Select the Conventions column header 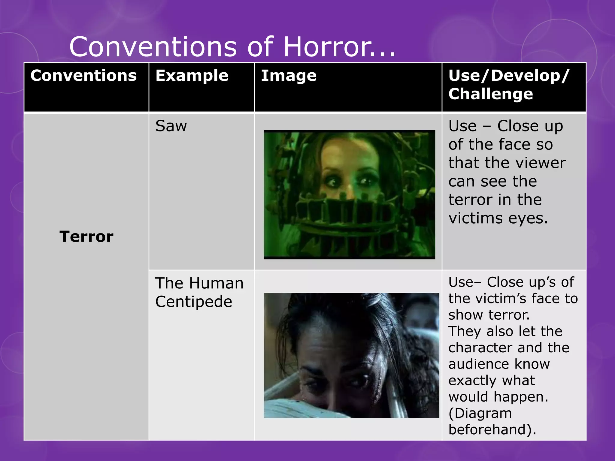point(83,75)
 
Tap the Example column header point(192,75)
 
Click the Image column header point(289,75)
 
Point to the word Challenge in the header point(491,94)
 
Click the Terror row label point(86,237)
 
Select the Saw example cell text point(171,126)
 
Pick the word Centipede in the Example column point(194,302)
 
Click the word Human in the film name point(216,283)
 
